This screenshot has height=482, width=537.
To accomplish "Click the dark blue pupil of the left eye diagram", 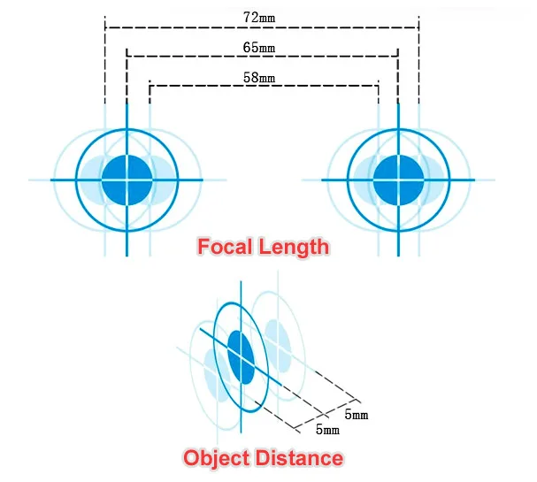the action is (x=127, y=180).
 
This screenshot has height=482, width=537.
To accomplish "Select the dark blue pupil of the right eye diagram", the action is (x=398, y=180).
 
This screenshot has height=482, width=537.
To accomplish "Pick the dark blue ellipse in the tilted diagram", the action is (x=241, y=357).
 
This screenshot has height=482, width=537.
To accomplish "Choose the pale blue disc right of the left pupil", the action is (x=160, y=180).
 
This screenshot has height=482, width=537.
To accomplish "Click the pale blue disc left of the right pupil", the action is (x=363, y=180).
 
